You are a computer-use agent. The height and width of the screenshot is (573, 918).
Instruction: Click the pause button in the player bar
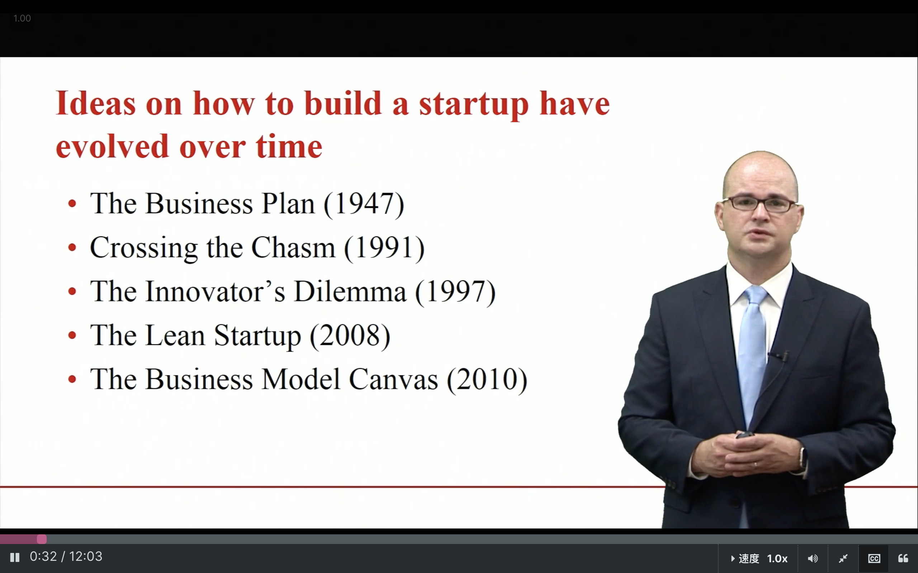[15, 557]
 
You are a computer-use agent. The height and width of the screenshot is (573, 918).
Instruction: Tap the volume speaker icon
[813, 558]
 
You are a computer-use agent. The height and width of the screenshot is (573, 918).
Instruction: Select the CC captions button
[874, 558]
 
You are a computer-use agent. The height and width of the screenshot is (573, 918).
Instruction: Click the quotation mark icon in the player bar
[903, 558]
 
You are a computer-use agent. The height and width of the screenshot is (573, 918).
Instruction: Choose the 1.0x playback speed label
[777, 558]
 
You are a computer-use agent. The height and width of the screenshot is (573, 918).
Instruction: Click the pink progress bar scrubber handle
[42, 539]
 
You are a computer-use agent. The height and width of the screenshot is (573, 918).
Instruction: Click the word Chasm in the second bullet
[293, 247]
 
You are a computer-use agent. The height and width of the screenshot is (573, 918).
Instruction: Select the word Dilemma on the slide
[350, 292]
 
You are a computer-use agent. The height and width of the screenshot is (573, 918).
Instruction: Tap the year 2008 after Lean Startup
[350, 336]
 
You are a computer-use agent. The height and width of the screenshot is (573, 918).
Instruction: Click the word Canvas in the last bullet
[393, 379]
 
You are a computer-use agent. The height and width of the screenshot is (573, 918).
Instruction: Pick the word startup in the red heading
[474, 105]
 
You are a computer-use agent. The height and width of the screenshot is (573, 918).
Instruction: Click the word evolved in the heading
[112, 147]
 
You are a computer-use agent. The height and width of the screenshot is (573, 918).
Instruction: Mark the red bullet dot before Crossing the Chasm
[72, 247]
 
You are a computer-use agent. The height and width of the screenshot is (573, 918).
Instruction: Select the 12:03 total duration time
[86, 556]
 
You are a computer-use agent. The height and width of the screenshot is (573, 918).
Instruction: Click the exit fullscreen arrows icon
[843, 558]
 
